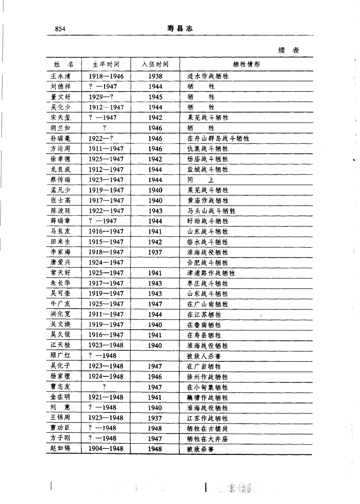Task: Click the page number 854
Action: (60, 29)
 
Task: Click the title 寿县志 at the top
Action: (180, 29)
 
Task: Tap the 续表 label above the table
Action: (288, 50)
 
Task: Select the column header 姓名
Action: (64, 64)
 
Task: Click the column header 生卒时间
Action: (106, 64)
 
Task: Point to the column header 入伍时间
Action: (155, 64)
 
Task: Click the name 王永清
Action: (61, 76)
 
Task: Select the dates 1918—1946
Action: (106, 76)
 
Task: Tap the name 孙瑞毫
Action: (61, 138)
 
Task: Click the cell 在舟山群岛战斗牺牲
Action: (217, 138)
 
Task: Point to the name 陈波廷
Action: (61, 211)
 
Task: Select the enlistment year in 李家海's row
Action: (155, 252)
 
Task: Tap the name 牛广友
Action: (61, 304)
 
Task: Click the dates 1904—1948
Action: (106, 449)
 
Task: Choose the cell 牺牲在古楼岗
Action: (207, 428)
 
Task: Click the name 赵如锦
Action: (61, 449)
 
